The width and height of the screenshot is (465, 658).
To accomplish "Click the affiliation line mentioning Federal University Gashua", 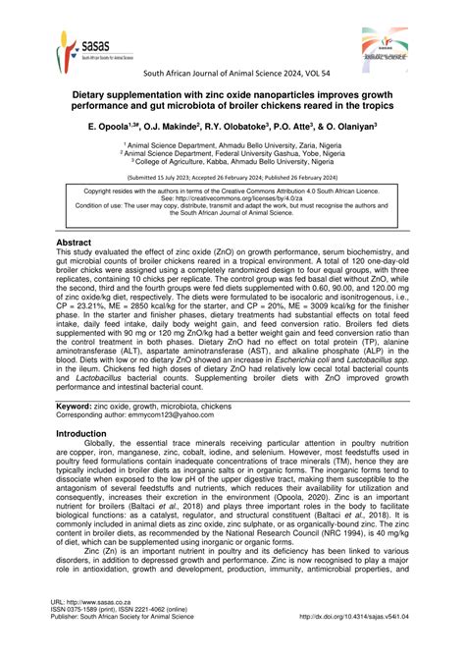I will (x=232, y=153).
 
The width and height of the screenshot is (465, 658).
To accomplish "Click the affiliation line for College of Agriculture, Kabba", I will (x=232, y=162).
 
